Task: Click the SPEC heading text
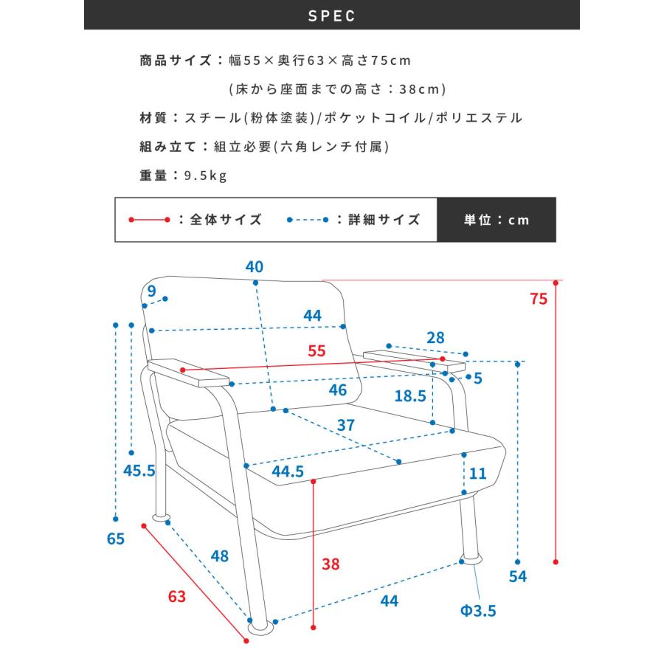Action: point(331,15)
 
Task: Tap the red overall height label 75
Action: point(539,299)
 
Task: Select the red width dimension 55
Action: point(317,351)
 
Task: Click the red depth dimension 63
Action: point(176,596)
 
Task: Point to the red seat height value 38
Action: point(331,564)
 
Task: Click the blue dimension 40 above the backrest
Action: point(255,266)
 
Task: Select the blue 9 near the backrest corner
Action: point(151,291)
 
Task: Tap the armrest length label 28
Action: point(435,338)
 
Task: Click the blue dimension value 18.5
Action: point(409,395)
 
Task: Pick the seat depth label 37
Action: point(345,425)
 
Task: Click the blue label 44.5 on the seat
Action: point(288,472)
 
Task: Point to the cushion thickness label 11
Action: point(478,474)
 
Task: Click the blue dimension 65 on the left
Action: point(116,539)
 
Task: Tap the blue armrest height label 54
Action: point(519,576)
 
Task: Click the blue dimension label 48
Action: point(219,556)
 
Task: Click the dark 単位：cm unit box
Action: point(496,220)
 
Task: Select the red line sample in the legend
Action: point(149,220)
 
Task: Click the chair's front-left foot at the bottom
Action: point(258,625)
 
